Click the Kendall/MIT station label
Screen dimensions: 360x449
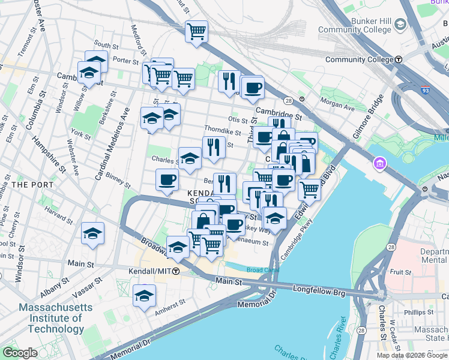point(150,271)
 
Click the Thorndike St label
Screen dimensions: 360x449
point(222,129)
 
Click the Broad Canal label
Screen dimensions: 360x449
point(262,270)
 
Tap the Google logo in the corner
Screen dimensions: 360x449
point(19,353)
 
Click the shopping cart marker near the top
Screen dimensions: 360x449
point(196,31)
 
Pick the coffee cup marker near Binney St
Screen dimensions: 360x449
point(167,180)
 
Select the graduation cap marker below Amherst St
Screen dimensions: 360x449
point(145,296)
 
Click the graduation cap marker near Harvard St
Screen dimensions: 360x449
point(93,233)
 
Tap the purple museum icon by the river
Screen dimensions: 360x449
point(380,164)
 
